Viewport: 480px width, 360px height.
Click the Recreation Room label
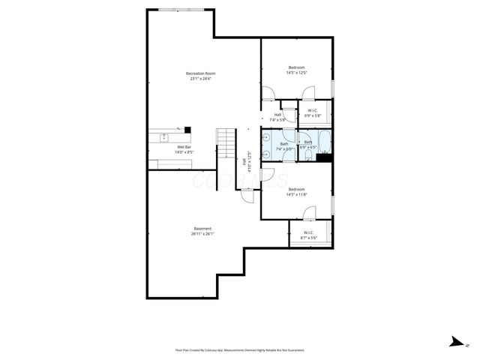(x=201, y=73)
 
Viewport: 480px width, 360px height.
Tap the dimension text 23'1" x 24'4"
(x=201, y=79)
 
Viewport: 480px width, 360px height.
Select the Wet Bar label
(x=184, y=147)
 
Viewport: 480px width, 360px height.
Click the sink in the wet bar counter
(x=164, y=137)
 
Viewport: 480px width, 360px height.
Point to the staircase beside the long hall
(x=226, y=142)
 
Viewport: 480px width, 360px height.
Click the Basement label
(x=202, y=228)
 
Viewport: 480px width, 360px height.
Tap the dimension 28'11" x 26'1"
(x=202, y=234)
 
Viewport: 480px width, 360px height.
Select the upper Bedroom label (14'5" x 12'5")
(x=297, y=67)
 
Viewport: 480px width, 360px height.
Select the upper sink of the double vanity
(x=266, y=138)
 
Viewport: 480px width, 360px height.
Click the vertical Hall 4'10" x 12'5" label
(x=247, y=162)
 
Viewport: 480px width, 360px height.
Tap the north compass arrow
(x=455, y=341)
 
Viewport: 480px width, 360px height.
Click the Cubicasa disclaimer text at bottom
(x=239, y=349)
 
